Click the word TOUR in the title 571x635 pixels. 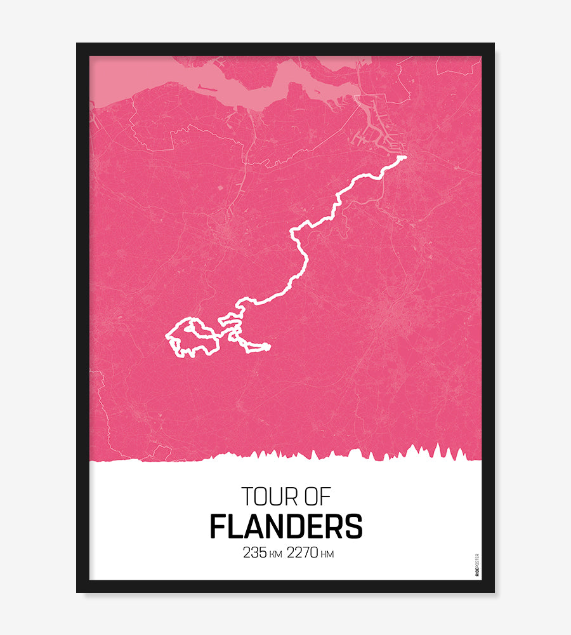pyautogui.click(x=269, y=497)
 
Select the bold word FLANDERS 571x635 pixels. pyautogui.click(x=286, y=526)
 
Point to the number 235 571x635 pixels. pyautogui.click(x=255, y=553)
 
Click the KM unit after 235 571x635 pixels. pyautogui.click(x=276, y=554)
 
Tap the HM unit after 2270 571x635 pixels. pyautogui.click(x=327, y=554)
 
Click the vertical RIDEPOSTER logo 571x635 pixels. pyautogui.click(x=477, y=565)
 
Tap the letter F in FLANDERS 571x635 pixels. pyautogui.click(x=218, y=526)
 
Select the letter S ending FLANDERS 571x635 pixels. pyautogui.click(x=354, y=526)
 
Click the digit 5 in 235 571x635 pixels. pyautogui.click(x=263, y=553)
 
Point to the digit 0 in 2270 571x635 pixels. pyautogui.click(x=314, y=553)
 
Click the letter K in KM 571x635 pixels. pyautogui.click(x=273, y=554)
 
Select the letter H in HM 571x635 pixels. pyautogui.click(x=324, y=554)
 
